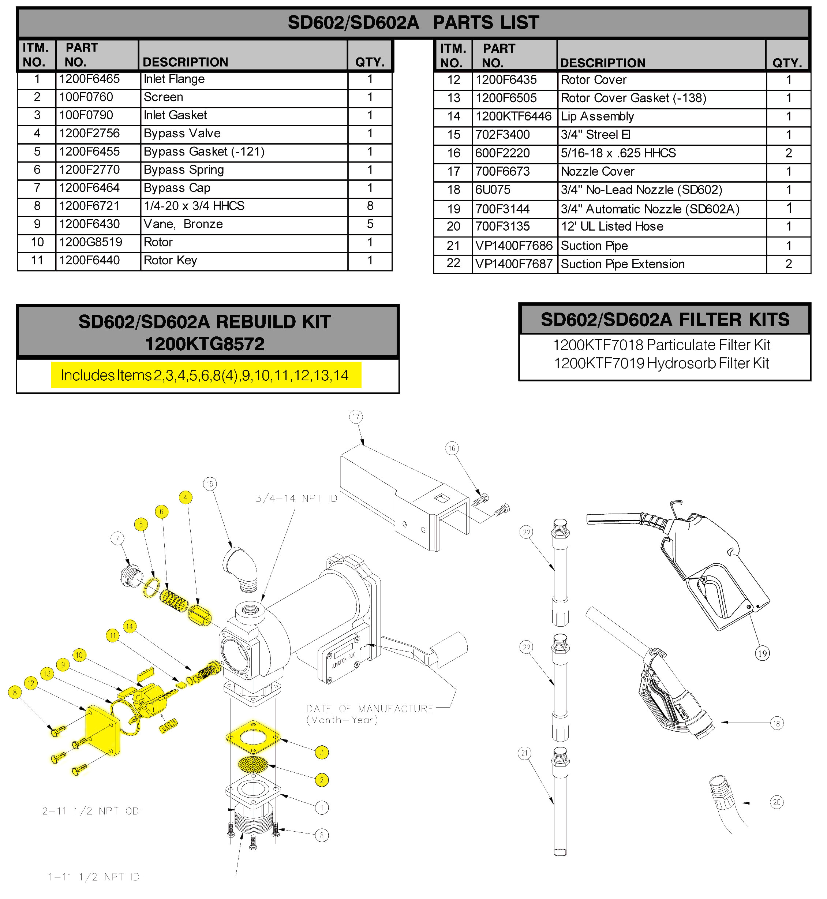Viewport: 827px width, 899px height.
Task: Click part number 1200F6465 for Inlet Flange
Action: click(90, 79)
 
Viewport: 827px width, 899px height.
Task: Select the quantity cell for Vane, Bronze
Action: click(370, 224)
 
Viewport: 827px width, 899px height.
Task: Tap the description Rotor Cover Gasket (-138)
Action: click(633, 98)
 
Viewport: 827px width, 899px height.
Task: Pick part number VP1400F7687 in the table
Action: click(514, 265)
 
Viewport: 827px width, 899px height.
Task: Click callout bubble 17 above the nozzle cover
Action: click(356, 417)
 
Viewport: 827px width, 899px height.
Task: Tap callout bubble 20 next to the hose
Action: click(777, 802)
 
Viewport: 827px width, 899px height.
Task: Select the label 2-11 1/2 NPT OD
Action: click(90, 811)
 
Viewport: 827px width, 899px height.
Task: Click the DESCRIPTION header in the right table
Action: click(602, 63)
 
